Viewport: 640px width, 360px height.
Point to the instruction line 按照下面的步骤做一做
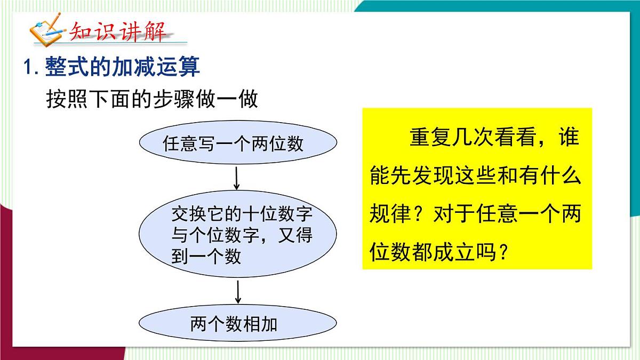pos(152,99)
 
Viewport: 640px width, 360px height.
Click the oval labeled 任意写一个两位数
pos(238,143)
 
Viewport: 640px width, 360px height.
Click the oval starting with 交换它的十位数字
pos(238,235)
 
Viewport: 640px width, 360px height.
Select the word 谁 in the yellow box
pos(567,138)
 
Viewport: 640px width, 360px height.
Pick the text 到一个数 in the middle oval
pos(206,257)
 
